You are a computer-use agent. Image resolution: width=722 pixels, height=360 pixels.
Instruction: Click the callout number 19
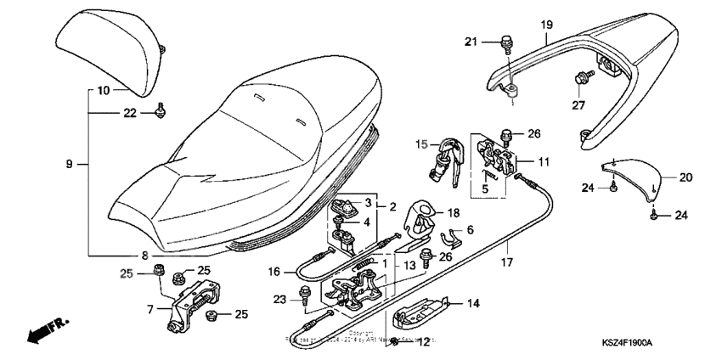[x=546, y=25]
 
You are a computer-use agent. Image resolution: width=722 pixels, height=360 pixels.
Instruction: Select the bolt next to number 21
[x=508, y=39]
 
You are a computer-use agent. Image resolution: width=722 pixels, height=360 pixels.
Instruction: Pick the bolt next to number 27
[x=582, y=78]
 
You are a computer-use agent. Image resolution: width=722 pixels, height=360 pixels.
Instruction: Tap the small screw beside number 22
[x=160, y=111]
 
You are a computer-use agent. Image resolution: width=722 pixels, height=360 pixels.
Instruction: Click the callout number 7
[x=149, y=309]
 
